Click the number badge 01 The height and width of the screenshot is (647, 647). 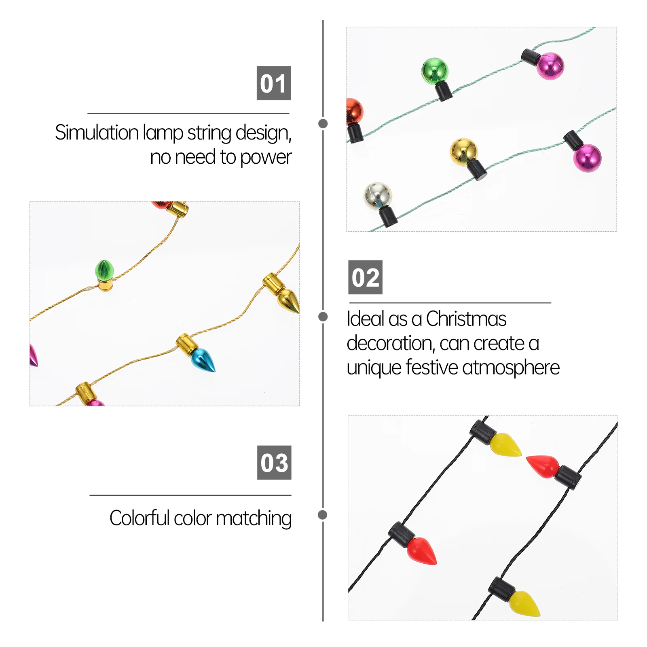coord(274,83)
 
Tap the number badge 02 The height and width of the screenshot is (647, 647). coord(365,277)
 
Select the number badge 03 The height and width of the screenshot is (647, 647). coord(274,463)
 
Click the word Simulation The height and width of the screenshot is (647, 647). coord(97,133)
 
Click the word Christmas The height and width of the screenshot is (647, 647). coord(466,319)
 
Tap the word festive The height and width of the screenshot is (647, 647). coord(432,368)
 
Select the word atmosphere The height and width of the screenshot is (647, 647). coord(511,368)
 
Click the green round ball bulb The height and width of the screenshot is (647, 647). coord(435,70)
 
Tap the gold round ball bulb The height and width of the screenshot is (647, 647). coord(463,151)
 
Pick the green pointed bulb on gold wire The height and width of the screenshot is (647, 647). coord(104,270)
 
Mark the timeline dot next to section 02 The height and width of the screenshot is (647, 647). coord(323,317)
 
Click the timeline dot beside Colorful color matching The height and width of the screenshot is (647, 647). coord(323,515)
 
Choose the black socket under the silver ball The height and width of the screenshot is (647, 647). coord(388,217)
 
